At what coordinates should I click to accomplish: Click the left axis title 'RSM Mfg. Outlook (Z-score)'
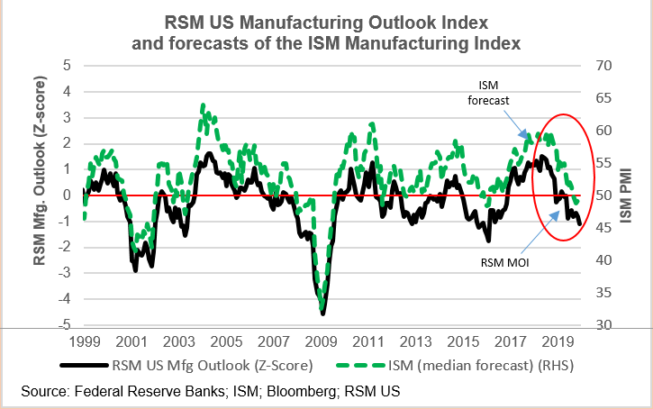[x=39, y=195]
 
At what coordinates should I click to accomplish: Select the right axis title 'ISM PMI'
[x=627, y=195]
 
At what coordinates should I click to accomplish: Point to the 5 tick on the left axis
[x=66, y=65]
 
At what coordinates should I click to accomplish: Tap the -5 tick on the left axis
[x=63, y=326]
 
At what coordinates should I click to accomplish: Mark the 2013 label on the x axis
[x=416, y=343]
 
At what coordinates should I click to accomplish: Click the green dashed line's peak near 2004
[x=203, y=105]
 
